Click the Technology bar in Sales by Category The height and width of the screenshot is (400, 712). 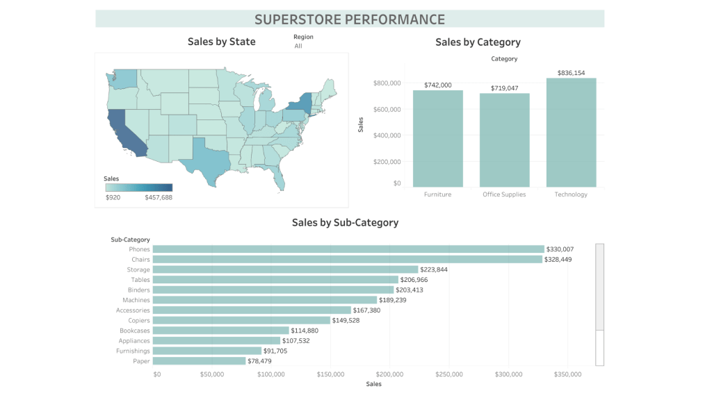pyautogui.click(x=571, y=132)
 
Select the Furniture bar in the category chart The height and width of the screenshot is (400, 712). pyautogui.click(x=437, y=138)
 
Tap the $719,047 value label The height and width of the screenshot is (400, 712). pyautogui.click(x=504, y=88)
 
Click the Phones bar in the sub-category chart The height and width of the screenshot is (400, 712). pyautogui.click(x=348, y=249)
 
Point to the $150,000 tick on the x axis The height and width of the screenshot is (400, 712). pyautogui.click(x=330, y=375)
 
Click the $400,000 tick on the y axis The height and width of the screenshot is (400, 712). pyautogui.click(x=387, y=135)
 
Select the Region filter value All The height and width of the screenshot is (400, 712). pyautogui.click(x=298, y=46)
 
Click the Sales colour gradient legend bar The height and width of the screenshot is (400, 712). pyautogui.click(x=138, y=187)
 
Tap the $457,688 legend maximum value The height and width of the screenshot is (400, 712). pyautogui.click(x=159, y=197)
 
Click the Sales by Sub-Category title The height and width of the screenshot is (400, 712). pyautogui.click(x=345, y=223)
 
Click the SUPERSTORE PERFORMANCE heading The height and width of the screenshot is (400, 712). pyautogui.click(x=349, y=19)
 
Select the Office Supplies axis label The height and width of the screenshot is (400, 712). pyautogui.click(x=504, y=194)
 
